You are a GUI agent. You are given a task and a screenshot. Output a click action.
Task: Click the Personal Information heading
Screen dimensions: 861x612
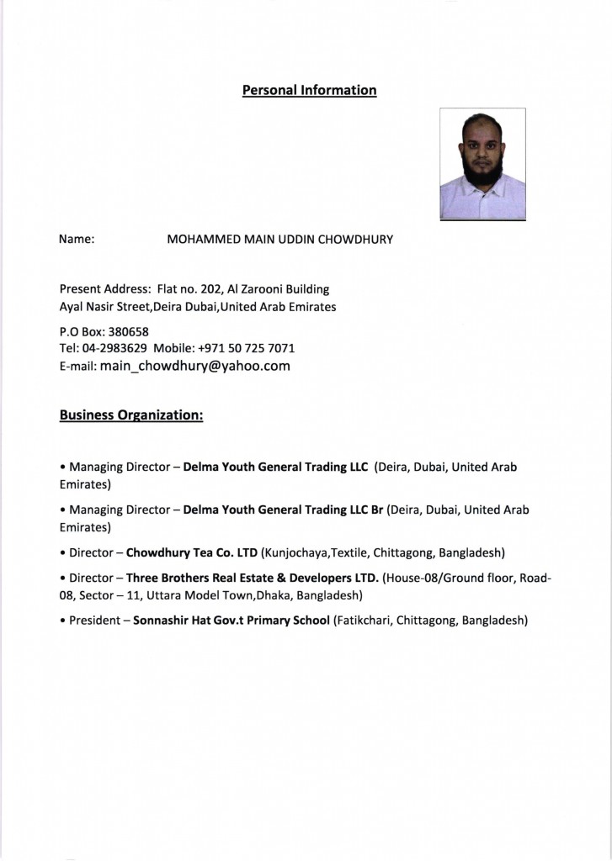(309, 90)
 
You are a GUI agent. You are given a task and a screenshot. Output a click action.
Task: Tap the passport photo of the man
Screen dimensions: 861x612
(482, 164)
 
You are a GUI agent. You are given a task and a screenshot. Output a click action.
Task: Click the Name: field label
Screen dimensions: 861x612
(77, 240)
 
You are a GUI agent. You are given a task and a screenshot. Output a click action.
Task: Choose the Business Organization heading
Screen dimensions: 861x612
(131, 415)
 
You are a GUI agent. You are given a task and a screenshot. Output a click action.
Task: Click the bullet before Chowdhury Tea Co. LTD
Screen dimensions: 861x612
(62, 553)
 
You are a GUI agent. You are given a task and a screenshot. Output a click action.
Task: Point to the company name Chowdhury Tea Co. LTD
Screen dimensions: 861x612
(191, 553)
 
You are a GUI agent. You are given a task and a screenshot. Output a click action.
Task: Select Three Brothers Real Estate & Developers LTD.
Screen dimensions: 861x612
(252, 578)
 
